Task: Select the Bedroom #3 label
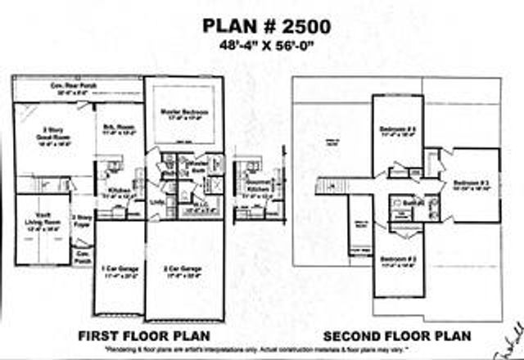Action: [469, 182]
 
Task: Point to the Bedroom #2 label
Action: [398, 261]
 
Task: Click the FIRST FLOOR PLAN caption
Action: [143, 336]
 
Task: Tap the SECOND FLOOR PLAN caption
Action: [396, 336]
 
